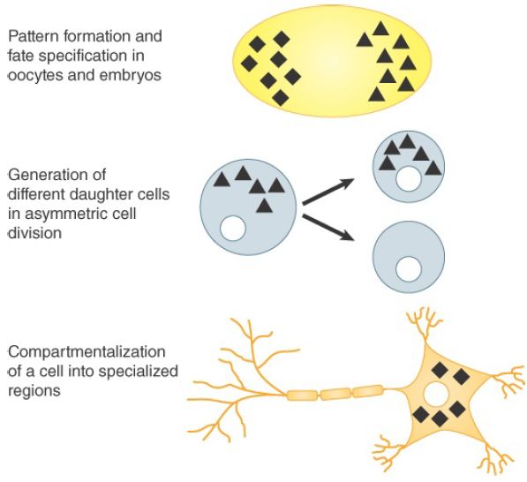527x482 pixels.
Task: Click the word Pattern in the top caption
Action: pyautogui.click(x=32, y=36)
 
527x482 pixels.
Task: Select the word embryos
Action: pyautogui.click(x=131, y=75)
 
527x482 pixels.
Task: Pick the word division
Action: pyautogui.click(x=34, y=233)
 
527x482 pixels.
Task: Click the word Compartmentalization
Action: pyautogui.click(x=87, y=352)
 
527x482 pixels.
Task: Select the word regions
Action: pyautogui.click(x=34, y=391)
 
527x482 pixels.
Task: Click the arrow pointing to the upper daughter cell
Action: pyautogui.click(x=328, y=192)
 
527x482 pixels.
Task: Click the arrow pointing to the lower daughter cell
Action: pyautogui.click(x=328, y=228)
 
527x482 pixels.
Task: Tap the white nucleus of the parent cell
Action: pyautogui.click(x=233, y=229)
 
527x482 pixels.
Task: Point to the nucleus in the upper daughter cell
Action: pyautogui.click(x=409, y=179)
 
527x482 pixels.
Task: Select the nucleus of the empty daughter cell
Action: pyautogui.click(x=409, y=269)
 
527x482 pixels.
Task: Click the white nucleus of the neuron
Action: pyautogui.click(x=436, y=394)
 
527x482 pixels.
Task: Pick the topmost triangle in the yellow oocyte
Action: pyautogui.click(x=380, y=30)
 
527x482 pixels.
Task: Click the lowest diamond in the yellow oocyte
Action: pyautogui.click(x=281, y=98)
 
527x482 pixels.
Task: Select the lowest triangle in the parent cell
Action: pyautogui.click(x=264, y=207)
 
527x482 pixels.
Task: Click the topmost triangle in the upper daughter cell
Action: pyautogui.click(x=407, y=142)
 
